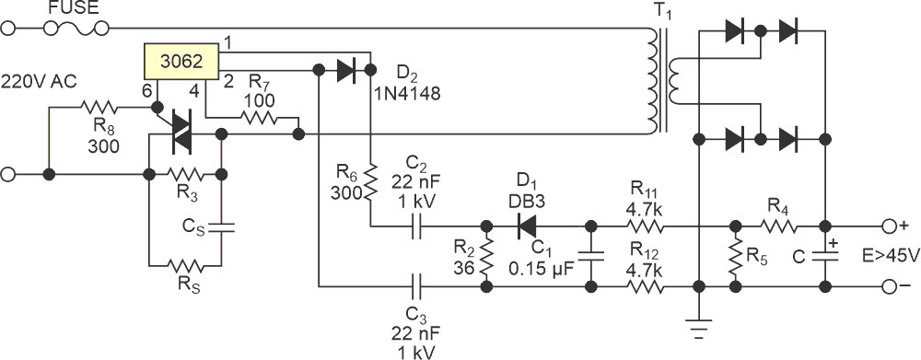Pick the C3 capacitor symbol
coord(419,288)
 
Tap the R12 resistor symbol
coord(645,288)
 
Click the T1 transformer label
coord(663,10)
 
